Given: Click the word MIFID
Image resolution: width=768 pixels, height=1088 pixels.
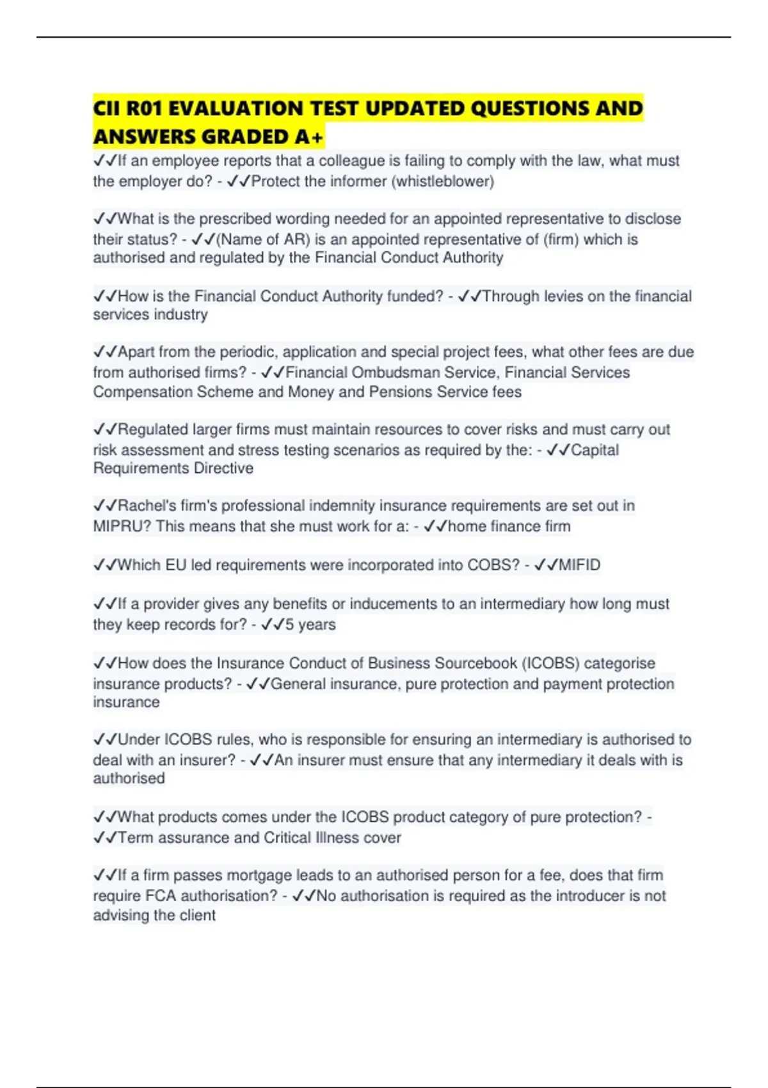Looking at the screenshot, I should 580,565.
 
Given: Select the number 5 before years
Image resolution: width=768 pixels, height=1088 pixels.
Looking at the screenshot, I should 289,625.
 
